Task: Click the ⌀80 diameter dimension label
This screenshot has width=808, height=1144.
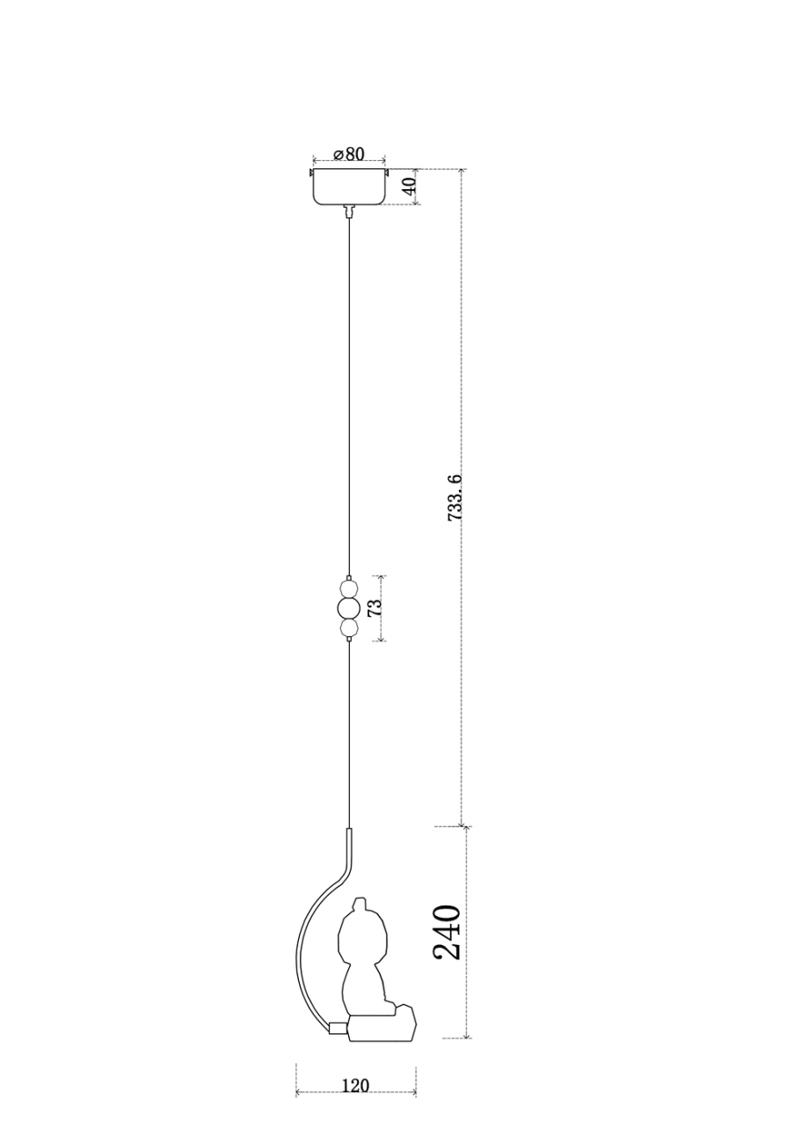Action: pyautogui.click(x=349, y=154)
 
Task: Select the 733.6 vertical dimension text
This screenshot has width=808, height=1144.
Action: pyautogui.click(x=455, y=498)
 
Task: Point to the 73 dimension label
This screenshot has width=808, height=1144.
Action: pyautogui.click(x=375, y=607)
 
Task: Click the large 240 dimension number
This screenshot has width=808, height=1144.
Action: pyautogui.click(x=447, y=932)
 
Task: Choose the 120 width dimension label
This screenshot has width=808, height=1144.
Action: pyautogui.click(x=354, y=1086)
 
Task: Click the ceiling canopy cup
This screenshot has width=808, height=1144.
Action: pyautogui.click(x=349, y=187)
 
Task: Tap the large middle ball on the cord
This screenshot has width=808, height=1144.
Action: pyautogui.click(x=349, y=608)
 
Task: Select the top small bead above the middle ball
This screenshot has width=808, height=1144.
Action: pyautogui.click(x=349, y=588)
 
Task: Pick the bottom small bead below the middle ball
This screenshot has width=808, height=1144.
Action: pyautogui.click(x=349, y=628)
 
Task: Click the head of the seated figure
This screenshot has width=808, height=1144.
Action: pyautogui.click(x=363, y=936)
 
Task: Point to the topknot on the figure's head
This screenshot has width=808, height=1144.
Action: pyautogui.click(x=359, y=904)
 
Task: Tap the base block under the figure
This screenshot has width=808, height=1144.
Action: pyautogui.click(x=383, y=1027)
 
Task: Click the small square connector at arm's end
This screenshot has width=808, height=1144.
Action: pyautogui.click(x=338, y=1027)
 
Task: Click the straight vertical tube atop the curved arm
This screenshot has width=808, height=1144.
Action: pyautogui.click(x=349, y=847)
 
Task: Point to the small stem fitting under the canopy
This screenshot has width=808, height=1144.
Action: pyautogui.click(x=349, y=210)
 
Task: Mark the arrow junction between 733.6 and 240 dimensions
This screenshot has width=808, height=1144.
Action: pyautogui.click(x=463, y=826)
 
